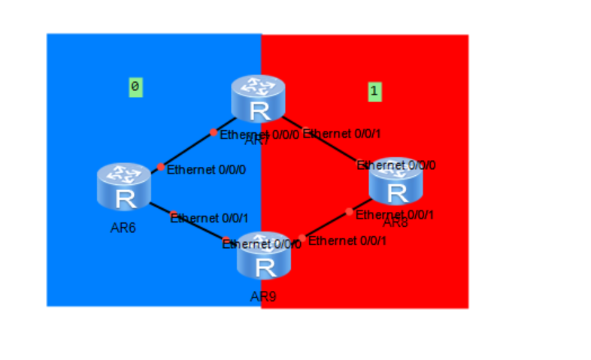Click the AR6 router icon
coord(124,186)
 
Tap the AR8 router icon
coord(396,183)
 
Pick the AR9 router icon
coord(264,258)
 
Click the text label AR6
coord(123,228)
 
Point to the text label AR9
coord(263,297)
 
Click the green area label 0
coord(135,87)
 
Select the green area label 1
coord(374,92)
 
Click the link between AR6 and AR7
coord(187,149)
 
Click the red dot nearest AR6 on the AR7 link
coord(160,167)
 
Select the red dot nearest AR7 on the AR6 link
coord(214,132)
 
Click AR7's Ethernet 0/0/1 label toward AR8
coord(342,134)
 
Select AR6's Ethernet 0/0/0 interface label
coord(206,170)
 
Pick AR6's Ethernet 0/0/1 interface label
coord(209,219)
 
